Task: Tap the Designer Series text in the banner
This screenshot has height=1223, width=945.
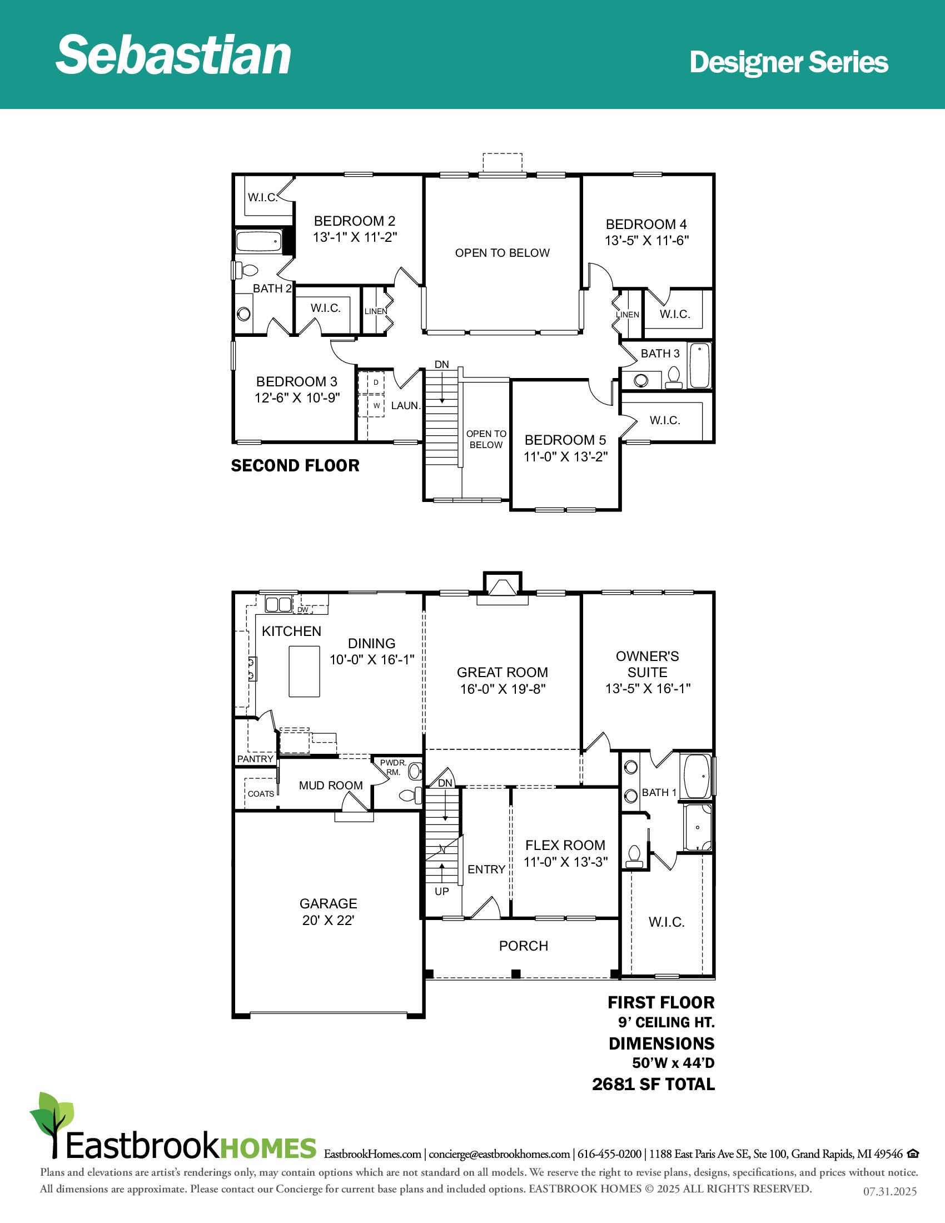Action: tap(789, 62)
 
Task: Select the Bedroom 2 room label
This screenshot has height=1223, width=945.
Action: tap(355, 221)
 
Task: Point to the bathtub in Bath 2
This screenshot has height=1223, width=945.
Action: tap(258, 241)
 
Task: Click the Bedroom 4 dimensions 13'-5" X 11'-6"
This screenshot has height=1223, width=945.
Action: tap(646, 240)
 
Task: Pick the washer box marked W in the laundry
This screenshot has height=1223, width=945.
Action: tap(376, 405)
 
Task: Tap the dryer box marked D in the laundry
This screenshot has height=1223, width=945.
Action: tap(376, 382)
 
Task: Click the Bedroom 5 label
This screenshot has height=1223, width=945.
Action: tap(565, 440)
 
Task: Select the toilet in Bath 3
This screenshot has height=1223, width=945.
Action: tap(674, 378)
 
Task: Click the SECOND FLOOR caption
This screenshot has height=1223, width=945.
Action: tap(295, 465)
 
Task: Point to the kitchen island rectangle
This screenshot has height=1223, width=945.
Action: tap(305, 672)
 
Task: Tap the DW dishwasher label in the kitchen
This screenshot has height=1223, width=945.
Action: tap(303, 610)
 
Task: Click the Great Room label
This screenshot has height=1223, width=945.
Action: tap(502, 673)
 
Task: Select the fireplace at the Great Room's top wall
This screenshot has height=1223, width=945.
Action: tap(502, 589)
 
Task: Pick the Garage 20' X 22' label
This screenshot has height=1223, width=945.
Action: tap(328, 912)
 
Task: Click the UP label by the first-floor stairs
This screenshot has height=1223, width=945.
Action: tap(442, 892)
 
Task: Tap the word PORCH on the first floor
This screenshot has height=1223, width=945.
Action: tap(524, 946)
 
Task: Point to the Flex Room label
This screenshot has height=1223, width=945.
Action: tap(565, 845)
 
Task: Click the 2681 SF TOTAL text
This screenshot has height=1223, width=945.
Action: tap(653, 1085)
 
